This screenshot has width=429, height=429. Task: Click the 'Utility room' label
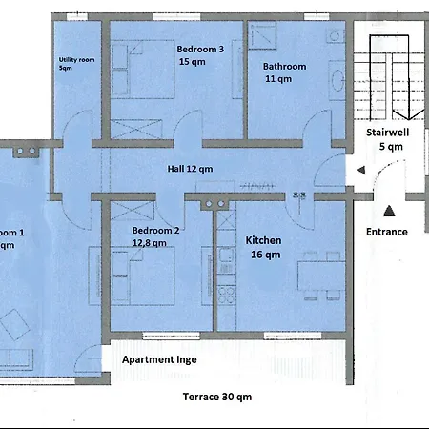(x=75, y=59)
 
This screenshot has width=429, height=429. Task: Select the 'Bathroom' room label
(x=284, y=67)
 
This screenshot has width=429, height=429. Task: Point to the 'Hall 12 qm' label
(x=190, y=169)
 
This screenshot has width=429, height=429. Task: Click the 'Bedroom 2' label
(x=156, y=231)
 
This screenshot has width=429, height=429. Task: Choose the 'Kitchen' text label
(x=264, y=240)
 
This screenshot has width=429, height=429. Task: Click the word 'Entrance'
(x=387, y=232)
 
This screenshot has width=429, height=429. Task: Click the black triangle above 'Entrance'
(x=388, y=211)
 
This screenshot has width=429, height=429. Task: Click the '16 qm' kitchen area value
(x=265, y=255)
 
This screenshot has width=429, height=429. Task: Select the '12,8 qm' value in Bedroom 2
(x=151, y=243)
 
